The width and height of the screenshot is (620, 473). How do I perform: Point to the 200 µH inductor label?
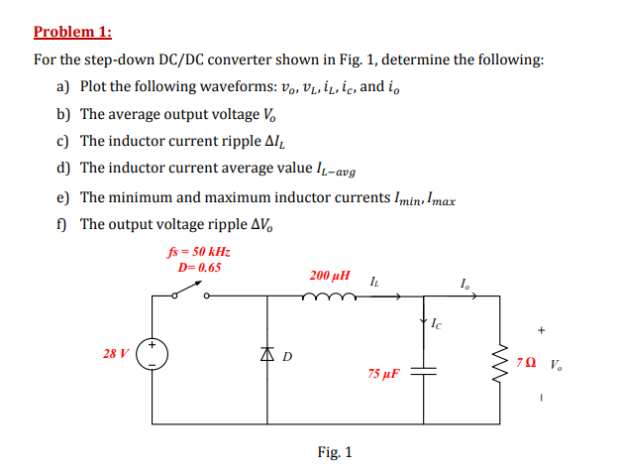tap(329, 272)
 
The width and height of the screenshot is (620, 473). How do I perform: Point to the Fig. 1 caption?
tap(334, 452)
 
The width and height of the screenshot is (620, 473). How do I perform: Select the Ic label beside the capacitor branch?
tap(437, 323)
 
